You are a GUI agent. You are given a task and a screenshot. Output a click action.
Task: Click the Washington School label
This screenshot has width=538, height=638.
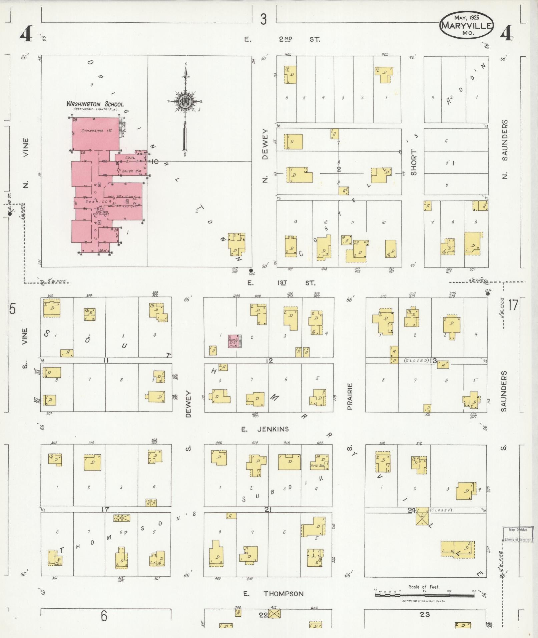pos(95,104)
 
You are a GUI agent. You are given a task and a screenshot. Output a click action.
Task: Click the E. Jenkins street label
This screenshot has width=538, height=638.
pos(265,429)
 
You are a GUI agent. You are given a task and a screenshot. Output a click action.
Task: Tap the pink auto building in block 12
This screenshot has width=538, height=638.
pos(233,341)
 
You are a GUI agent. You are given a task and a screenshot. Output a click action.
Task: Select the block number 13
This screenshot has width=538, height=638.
pos(433,361)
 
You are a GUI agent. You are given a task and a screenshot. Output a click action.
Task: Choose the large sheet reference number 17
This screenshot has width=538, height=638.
pos(513,305)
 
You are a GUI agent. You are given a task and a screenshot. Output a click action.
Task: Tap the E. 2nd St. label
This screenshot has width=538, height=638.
pos(282,39)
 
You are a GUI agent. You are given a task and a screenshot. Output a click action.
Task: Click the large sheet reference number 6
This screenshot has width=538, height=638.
pos(104,616)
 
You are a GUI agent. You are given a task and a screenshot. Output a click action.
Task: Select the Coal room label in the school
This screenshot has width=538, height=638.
pos(129,157)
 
